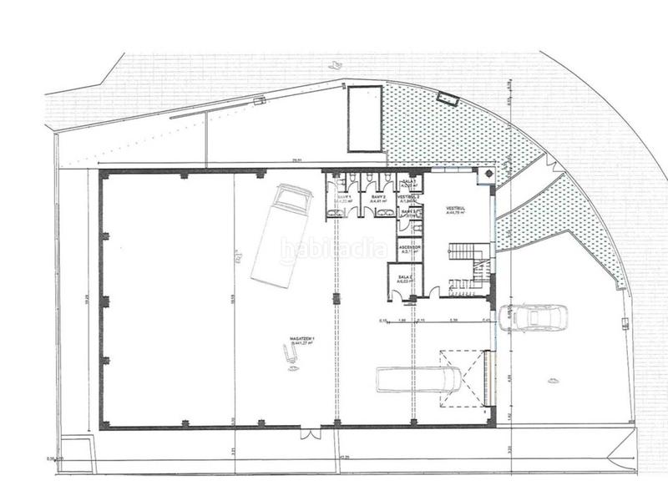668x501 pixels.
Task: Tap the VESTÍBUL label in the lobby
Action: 455,210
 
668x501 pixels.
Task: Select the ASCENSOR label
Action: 409,249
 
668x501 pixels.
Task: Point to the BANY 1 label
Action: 342,199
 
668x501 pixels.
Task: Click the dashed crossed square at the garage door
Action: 461,378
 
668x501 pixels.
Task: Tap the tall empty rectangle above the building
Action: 364,119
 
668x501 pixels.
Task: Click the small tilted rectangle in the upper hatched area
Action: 448,99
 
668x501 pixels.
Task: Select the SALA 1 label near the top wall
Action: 408,181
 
